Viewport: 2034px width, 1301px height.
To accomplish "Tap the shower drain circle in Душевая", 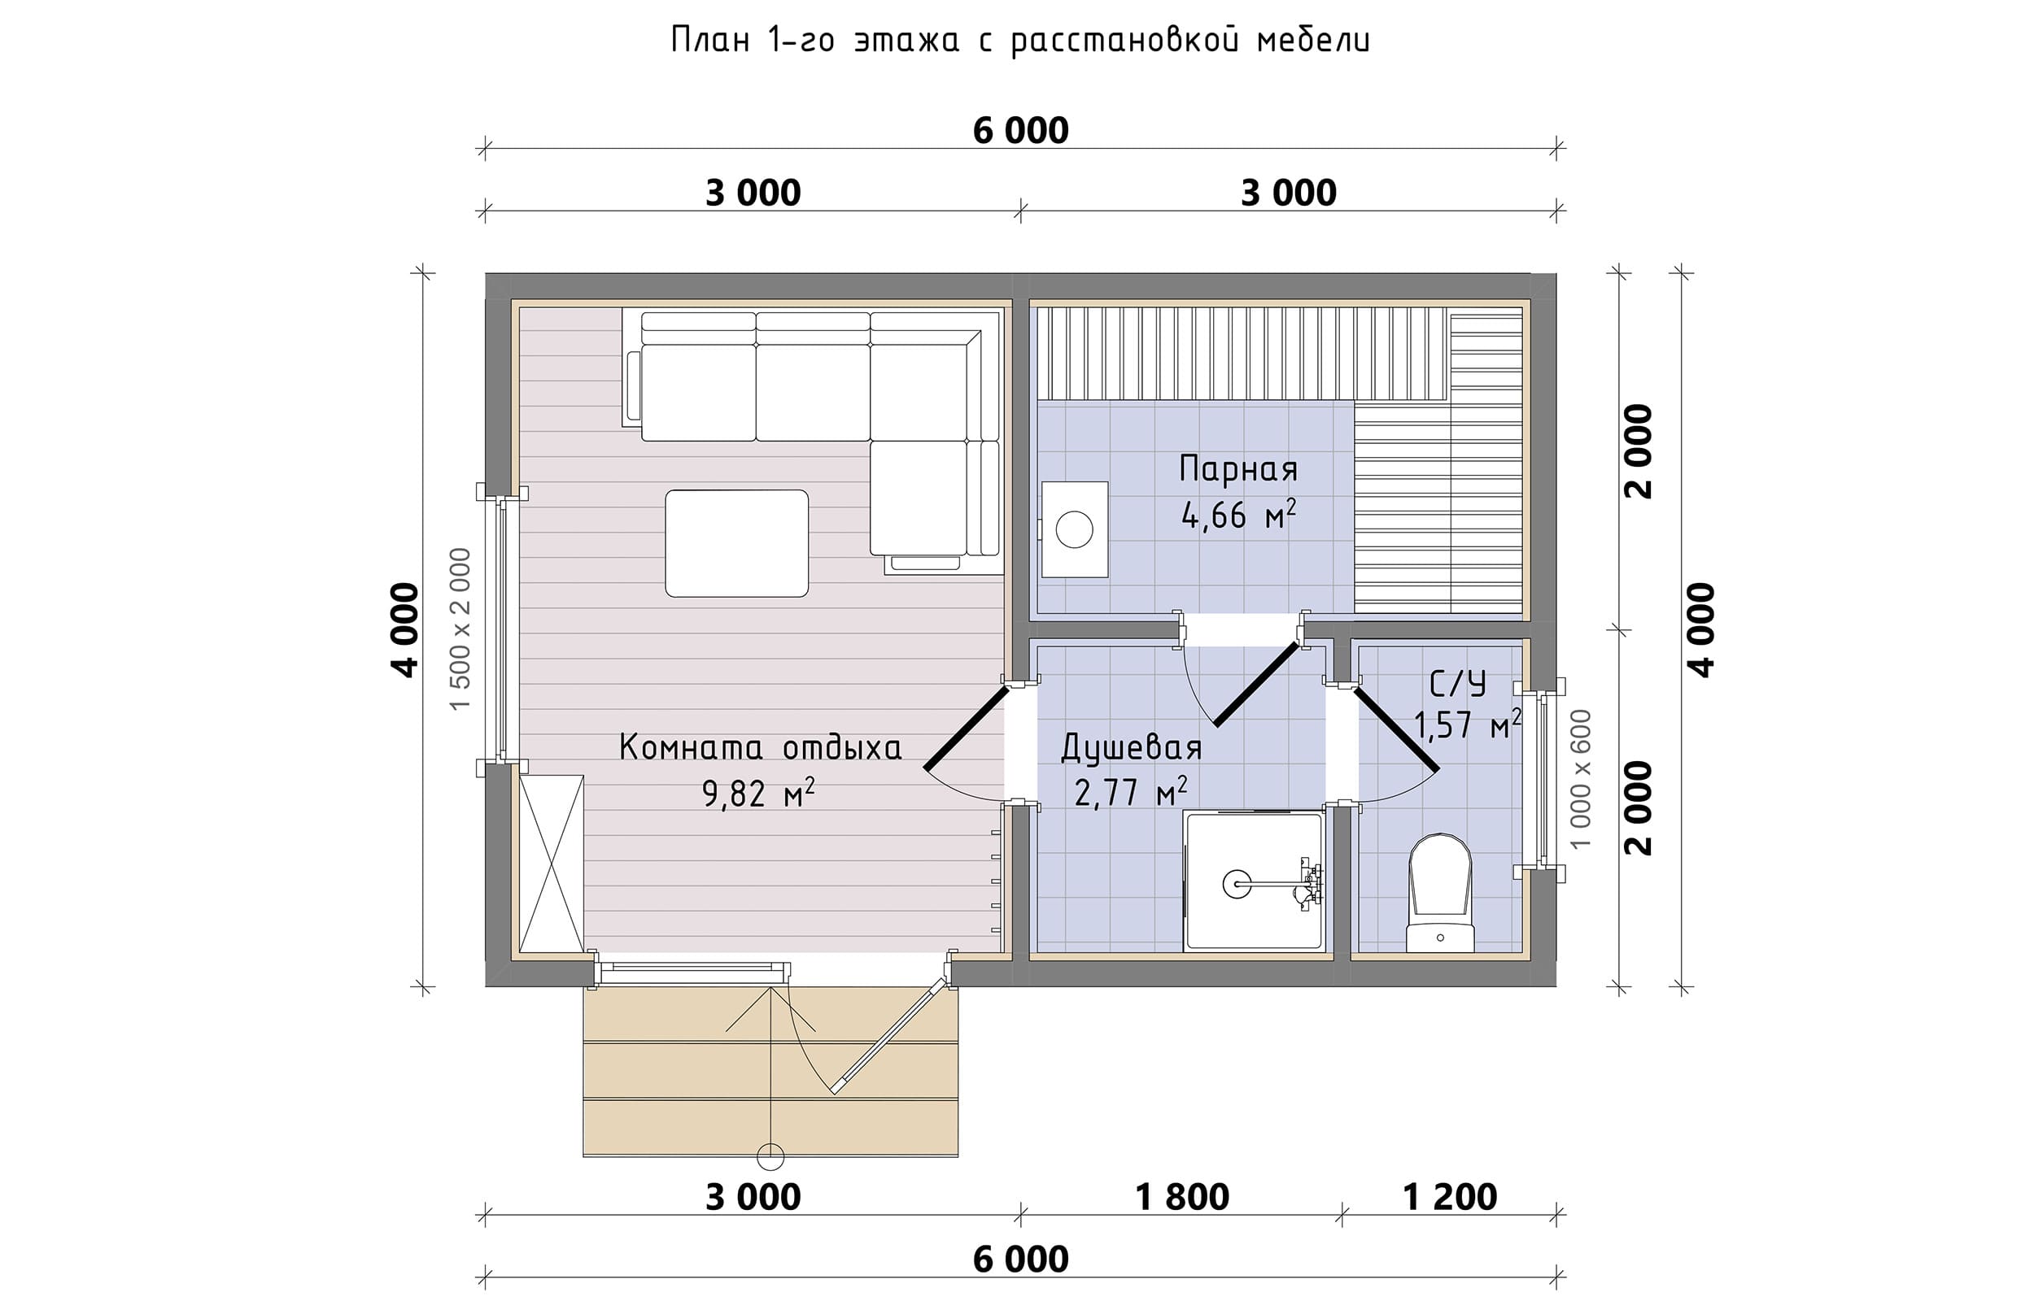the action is coord(1237,885).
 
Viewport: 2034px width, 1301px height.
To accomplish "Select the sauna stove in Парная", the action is coord(1074,529).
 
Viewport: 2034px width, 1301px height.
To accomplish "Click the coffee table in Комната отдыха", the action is coord(736,543).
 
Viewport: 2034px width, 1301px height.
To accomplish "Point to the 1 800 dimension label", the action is coord(1181,1197).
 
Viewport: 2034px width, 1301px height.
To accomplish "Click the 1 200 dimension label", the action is coord(1450,1197).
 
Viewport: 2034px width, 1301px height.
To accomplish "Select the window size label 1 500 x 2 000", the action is coord(460,629).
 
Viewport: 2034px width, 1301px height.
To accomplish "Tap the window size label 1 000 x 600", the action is coord(1580,779).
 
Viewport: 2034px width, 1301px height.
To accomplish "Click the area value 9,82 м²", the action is coord(759,794).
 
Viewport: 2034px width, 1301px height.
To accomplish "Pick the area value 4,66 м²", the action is coord(1239,515).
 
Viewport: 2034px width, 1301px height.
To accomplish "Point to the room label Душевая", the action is coord(1132,746).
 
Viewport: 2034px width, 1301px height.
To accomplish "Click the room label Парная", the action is coord(1239,468).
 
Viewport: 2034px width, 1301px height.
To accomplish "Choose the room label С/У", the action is coord(1458,682).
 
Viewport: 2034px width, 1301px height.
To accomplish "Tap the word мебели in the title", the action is coord(1313,40).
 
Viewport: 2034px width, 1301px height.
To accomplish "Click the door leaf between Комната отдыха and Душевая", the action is coord(967,728).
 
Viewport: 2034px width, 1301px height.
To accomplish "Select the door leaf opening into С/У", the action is coord(1396,730).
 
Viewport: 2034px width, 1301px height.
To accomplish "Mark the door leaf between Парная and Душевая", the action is coord(1256,685).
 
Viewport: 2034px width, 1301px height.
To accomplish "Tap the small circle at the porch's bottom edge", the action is coord(770,1156).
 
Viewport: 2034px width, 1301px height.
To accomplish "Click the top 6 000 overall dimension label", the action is coord(1021,131).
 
